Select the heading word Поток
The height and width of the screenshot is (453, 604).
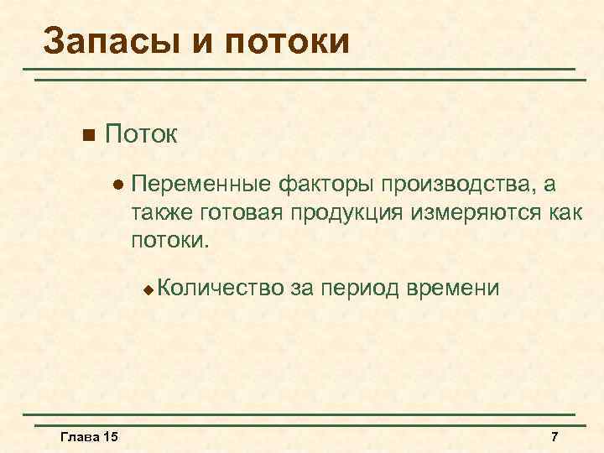pos(142,134)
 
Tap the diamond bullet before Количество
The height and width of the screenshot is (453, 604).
pos(148,289)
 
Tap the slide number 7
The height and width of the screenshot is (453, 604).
pos(554,437)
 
